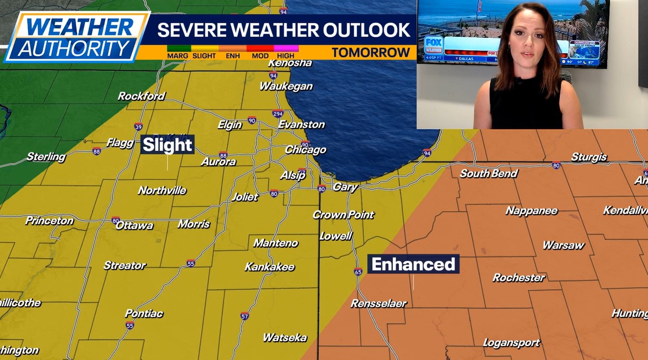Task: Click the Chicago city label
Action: pos(305,150)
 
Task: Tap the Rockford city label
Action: pos(141,96)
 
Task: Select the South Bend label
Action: pos(489,173)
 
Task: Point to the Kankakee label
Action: pos(269,267)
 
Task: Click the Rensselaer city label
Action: pos(379,304)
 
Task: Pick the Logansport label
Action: pos(511,343)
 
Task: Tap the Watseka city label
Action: pos(285,337)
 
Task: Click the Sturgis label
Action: pos(589,157)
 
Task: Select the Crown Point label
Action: pos(343,215)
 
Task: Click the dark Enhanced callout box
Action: pos(414,264)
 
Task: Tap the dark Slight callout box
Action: pos(167,145)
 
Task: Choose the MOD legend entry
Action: pos(260,55)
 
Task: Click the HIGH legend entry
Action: pos(286,55)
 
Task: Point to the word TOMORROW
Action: pos(371,53)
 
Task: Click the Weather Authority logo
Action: pos(77,37)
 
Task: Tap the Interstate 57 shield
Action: pos(244,317)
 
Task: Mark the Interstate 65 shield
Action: pos(358,272)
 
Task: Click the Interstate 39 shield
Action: pos(138,127)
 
